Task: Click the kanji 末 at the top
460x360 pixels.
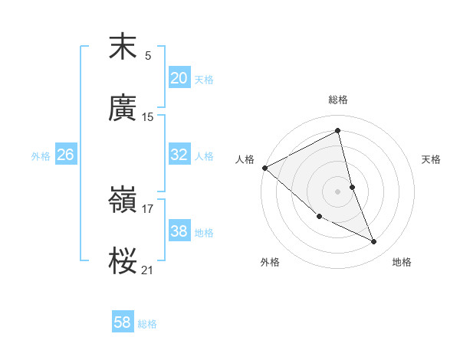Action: click(123, 47)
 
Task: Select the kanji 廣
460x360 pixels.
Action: click(123, 109)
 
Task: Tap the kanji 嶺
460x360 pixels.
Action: click(123, 201)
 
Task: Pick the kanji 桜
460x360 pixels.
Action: click(123, 262)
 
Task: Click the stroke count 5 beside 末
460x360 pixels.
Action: click(148, 55)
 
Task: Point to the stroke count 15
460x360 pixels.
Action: click(148, 116)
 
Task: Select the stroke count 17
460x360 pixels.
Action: click(148, 208)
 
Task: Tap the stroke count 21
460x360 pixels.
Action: click(148, 270)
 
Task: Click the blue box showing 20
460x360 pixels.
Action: click(179, 78)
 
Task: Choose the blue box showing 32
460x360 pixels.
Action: click(179, 155)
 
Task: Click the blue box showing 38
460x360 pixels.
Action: click(179, 231)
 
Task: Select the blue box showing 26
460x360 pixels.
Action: click(66, 155)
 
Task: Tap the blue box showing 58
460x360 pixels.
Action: click(123, 322)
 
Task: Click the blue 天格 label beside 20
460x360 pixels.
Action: click(204, 80)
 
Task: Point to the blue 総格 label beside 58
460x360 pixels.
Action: click(147, 324)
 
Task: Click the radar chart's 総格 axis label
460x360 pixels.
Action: click(338, 100)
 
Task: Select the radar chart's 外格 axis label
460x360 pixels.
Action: click(270, 262)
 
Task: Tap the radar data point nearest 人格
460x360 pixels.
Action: click(264, 168)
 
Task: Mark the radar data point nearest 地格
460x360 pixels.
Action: click(374, 242)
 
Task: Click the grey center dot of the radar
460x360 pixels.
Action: click(338, 191)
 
